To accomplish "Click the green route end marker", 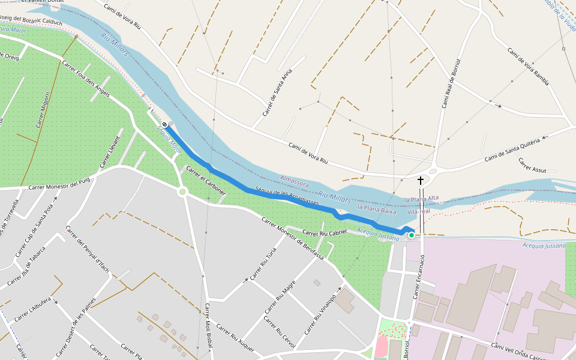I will coord(412,235).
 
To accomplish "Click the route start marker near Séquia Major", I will coord(164,124).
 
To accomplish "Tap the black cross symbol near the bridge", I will coord(421,180).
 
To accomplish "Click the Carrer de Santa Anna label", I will coord(277,94).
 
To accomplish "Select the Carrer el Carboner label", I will coord(205,181).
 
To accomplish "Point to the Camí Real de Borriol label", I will coord(450,84).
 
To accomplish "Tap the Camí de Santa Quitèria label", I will coord(512,149).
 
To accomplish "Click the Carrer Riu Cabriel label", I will coord(325,232).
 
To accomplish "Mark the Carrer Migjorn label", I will coord(43,110).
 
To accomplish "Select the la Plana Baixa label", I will coord(376,208).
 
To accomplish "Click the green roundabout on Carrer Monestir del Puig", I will coord(183,192).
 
